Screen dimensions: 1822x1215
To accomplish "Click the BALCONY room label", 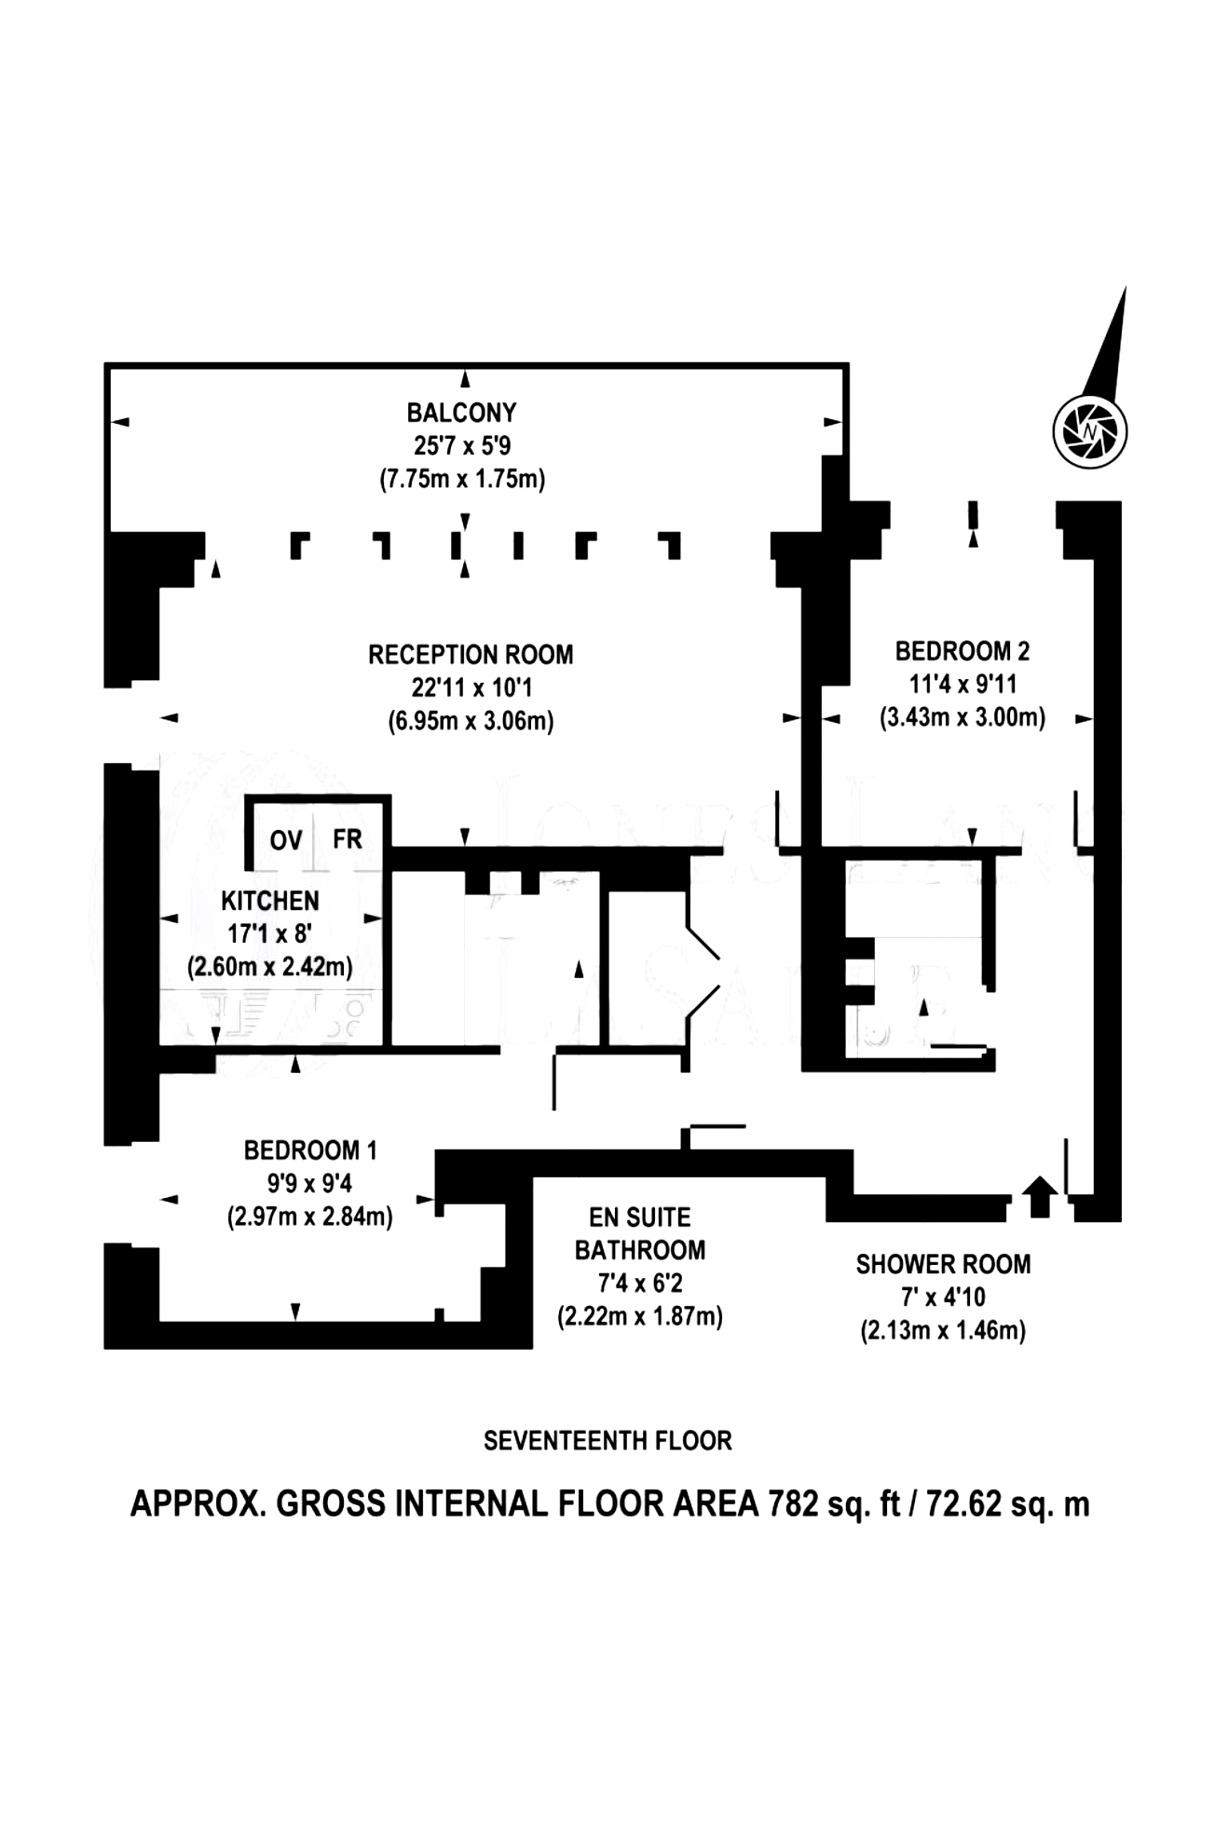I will [461, 413].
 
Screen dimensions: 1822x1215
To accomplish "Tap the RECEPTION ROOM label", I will [471, 655].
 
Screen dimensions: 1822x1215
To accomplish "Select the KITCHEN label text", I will [270, 901].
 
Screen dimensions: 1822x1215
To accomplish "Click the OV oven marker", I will [286, 840].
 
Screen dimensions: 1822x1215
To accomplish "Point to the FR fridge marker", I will [348, 839].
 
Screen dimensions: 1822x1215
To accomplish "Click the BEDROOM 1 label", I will [310, 1150].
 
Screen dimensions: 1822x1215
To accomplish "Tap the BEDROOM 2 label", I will [962, 651].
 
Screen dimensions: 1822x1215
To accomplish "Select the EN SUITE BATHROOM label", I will [640, 1233].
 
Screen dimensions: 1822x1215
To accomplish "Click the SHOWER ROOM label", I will [943, 1264].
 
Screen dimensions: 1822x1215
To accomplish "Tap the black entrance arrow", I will [1040, 1196].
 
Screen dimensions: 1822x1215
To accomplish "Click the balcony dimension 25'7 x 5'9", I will [462, 445].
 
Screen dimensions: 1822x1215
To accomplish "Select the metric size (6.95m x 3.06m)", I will [471, 721].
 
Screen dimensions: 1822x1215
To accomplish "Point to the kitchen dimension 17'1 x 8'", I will [269, 933].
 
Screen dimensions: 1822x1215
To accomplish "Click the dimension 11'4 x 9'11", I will [962, 685].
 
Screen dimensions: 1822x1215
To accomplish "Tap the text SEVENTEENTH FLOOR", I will [607, 1441].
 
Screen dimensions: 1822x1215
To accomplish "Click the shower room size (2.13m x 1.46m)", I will [943, 1330].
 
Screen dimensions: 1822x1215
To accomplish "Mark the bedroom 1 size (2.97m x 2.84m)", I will [310, 1217].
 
